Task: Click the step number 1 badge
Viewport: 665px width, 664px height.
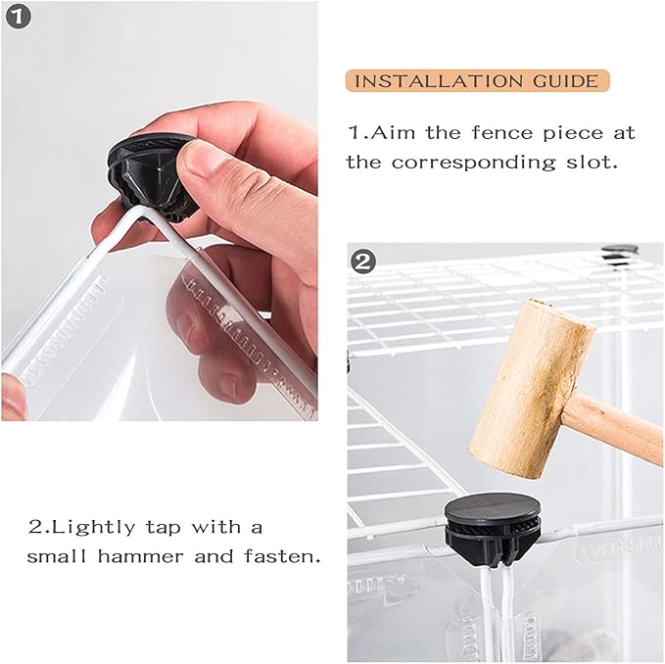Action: [19, 17]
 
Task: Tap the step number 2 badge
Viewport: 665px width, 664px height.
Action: [363, 261]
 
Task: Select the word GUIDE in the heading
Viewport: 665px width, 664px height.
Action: [566, 81]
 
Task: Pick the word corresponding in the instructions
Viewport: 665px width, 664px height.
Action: [473, 164]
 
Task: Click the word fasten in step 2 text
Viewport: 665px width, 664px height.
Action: [282, 556]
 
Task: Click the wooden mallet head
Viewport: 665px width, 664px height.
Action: [531, 389]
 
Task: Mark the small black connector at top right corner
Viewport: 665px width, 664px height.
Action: [620, 256]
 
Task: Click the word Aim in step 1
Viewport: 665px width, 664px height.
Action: [393, 133]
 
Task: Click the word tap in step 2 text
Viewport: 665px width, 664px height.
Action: [163, 529]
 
